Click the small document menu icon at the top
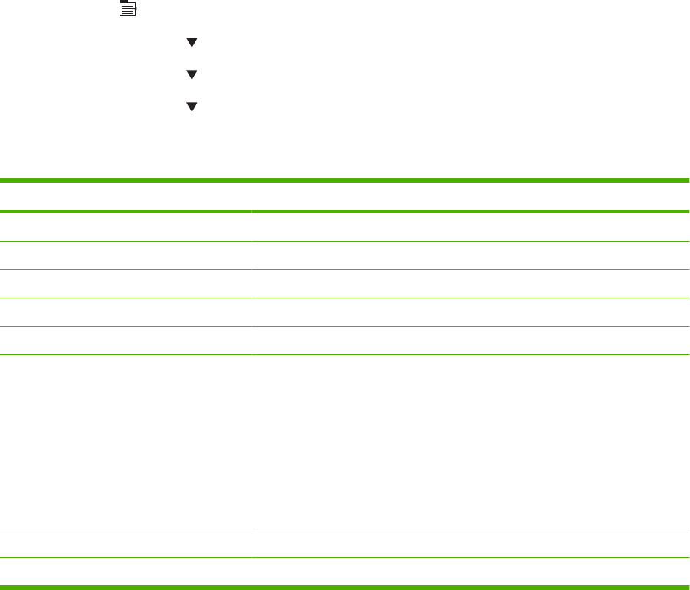pos(127,9)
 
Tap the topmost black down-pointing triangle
pos(192,44)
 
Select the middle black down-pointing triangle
pos(192,74)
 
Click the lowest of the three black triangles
pos(192,107)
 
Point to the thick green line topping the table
pos(345,181)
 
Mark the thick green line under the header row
pos(345,211)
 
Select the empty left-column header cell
pos(126,196)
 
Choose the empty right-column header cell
pos(470,196)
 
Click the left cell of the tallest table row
pos(126,441)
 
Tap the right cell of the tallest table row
pos(470,441)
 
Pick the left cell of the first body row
pos(126,226)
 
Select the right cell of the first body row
pos(470,226)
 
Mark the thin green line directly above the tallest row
pos(345,354)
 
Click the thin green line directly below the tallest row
pos(345,529)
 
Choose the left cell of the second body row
pos(126,255)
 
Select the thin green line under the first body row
pos(345,241)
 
